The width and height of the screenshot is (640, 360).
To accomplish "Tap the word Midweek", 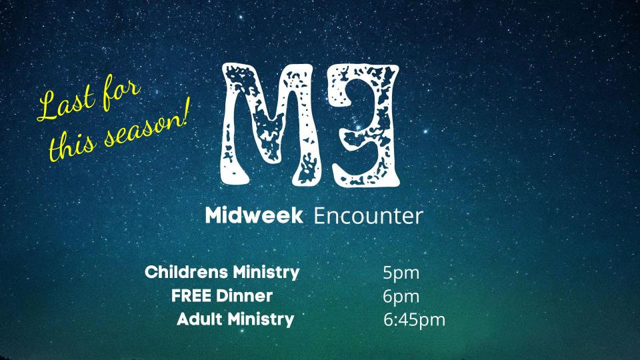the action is coord(254,215).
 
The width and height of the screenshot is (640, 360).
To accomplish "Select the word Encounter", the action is coord(368,216).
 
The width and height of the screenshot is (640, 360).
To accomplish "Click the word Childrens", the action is coord(187,272).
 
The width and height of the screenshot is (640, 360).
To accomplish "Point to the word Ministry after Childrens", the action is coord(266,273).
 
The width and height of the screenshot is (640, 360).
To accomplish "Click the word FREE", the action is coord(191,295).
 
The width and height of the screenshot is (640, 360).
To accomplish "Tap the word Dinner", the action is coord(244,295).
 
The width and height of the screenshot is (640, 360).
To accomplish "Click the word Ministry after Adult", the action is coord(261,319).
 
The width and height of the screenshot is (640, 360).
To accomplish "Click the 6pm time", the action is coord(401,297).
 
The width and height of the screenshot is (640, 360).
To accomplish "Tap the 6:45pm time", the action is coord(414,320).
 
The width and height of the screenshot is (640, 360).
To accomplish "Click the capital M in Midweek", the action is coord(215,215).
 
